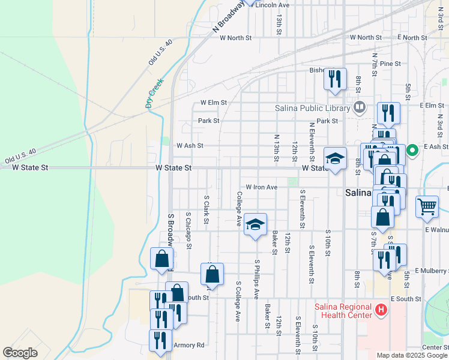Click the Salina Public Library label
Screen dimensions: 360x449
pyautogui.click(x=312, y=109)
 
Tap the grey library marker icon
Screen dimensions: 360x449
pyautogui.click(x=360, y=108)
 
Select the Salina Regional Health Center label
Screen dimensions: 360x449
pyautogui.click(x=343, y=311)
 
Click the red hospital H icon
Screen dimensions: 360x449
pyautogui.click(x=380, y=310)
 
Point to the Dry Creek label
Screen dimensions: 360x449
pyautogui.click(x=154, y=95)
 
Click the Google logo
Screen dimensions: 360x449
pyautogui.click(x=20, y=353)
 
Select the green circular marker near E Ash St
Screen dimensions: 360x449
pyautogui.click(x=412, y=151)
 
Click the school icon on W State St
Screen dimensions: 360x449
pyautogui.click(x=336, y=159)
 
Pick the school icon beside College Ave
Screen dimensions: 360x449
pyautogui.click(x=255, y=226)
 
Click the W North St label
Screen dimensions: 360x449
pyautogui.click(x=236, y=37)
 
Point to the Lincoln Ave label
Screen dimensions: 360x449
pyautogui.click(x=273, y=5)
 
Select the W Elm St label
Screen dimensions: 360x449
pyautogui.click(x=214, y=103)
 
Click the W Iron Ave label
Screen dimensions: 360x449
pyautogui.click(x=261, y=187)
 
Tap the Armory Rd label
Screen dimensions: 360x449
pyautogui.click(x=189, y=345)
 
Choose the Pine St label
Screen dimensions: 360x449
pyautogui.click(x=390, y=64)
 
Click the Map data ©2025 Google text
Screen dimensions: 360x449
pyautogui.click(x=411, y=355)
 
